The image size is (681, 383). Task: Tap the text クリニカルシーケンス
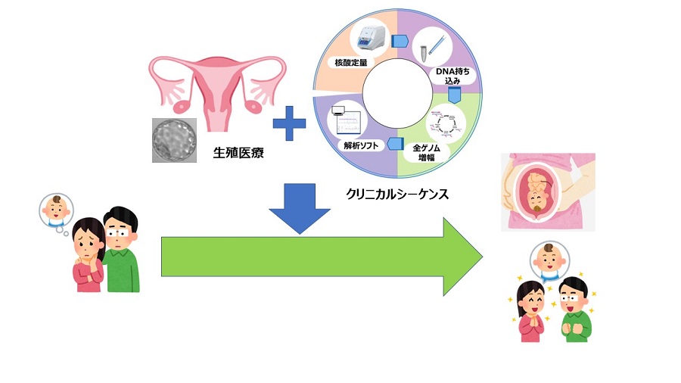(x=397, y=195)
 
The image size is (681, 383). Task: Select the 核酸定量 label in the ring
(x=349, y=61)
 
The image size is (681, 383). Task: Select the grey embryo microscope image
(x=173, y=139)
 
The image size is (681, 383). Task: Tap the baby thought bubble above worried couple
(x=56, y=210)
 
